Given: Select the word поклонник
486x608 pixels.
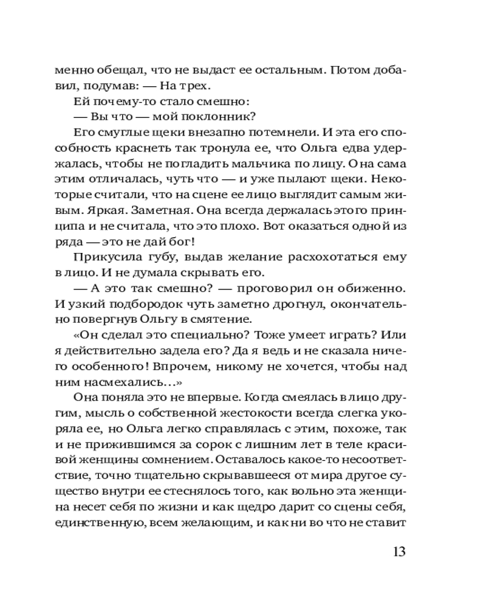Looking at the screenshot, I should [x=215, y=116].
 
